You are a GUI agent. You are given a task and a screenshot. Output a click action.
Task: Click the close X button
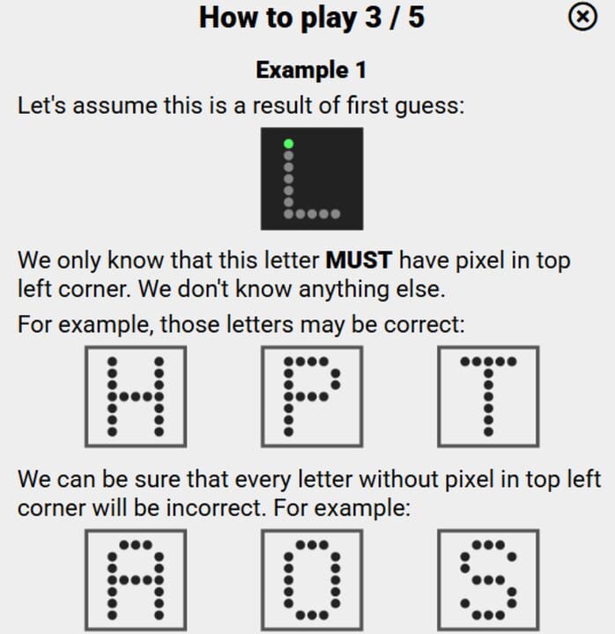coord(582,17)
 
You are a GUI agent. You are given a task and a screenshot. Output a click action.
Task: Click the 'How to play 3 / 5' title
coord(311,18)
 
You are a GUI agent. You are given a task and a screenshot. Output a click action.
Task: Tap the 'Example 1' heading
coord(311,70)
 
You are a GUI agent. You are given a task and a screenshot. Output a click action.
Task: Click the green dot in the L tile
coord(288,144)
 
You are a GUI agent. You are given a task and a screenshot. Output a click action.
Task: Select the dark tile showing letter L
coord(311,179)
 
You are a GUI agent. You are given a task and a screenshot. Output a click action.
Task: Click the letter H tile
coord(136,396)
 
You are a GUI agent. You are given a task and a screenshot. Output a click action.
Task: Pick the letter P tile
coord(311,396)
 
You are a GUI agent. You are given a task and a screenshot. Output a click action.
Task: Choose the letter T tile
coord(488,396)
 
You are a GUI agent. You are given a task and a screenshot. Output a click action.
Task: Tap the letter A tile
coord(136,579)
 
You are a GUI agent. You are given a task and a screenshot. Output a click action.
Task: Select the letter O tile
coord(311,579)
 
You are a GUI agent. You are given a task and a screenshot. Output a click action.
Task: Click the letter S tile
coord(488,579)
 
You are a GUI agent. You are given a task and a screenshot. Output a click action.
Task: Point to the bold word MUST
coord(359,261)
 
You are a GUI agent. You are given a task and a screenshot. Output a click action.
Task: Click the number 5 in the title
coord(415,18)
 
